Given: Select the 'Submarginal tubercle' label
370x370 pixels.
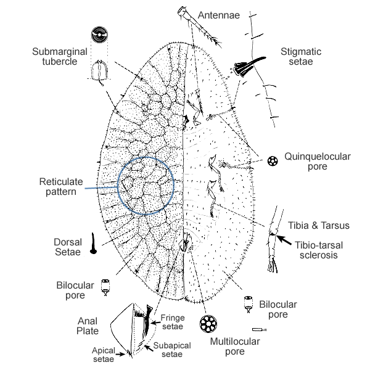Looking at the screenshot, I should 57,56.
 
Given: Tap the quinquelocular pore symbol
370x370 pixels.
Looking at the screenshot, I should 272,162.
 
